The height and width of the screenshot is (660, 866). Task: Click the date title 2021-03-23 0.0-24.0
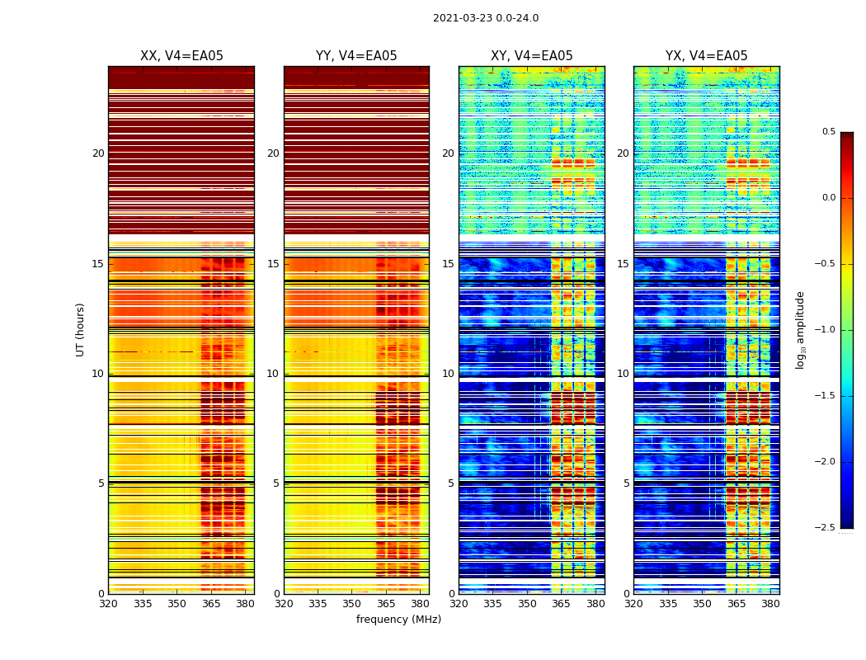486,18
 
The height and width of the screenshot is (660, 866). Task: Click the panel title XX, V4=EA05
181,56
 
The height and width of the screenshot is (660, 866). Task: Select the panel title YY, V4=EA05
356,56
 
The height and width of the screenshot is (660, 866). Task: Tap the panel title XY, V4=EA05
531,56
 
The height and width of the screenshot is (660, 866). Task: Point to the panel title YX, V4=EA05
706,56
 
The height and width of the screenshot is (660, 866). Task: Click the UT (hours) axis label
81,329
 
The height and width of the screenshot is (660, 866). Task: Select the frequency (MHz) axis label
398,620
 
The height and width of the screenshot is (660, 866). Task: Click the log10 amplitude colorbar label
800,329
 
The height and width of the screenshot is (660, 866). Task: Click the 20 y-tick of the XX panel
98,153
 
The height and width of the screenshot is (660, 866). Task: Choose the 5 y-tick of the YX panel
626,483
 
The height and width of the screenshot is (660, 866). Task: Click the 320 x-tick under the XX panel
108,604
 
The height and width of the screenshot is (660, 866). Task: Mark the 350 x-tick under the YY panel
352,604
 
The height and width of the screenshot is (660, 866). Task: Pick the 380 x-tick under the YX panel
770,604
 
